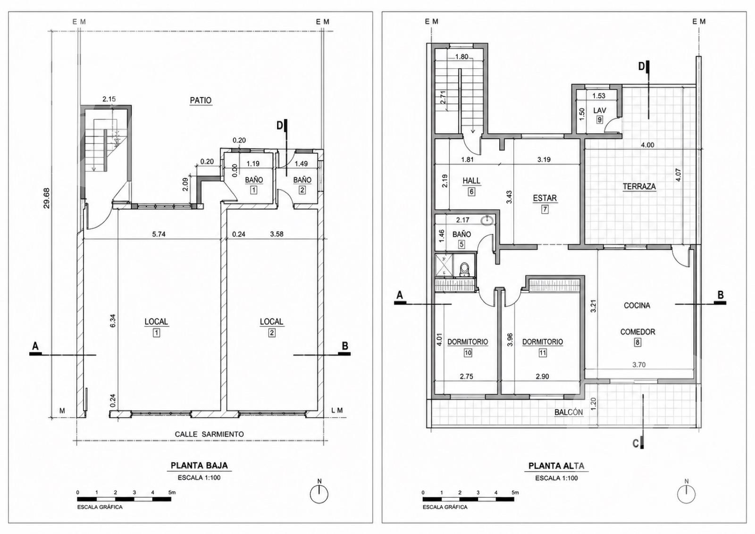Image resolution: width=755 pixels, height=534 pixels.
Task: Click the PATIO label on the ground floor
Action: point(201,100)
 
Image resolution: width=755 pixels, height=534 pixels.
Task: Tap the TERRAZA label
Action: point(639,186)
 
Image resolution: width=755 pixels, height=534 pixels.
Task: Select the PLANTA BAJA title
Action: point(199,466)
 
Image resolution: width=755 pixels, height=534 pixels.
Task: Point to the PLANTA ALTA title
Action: point(556,466)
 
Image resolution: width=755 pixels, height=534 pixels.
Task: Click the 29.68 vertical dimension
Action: point(47,198)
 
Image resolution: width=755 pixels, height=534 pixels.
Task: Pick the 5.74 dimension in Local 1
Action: point(159,234)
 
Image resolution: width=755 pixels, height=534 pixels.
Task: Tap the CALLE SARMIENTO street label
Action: point(209,434)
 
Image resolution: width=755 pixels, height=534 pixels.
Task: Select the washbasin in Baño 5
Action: point(487,221)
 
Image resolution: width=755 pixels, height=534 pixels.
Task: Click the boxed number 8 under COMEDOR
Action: point(638,342)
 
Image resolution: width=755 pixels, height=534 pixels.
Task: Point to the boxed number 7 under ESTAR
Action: point(545,209)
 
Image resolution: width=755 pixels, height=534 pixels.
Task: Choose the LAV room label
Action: point(600,110)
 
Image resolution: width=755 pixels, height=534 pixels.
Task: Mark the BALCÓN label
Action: point(569,412)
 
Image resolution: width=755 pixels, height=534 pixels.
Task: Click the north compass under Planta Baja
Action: point(319,494)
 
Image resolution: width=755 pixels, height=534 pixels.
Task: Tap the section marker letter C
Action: point(635,444)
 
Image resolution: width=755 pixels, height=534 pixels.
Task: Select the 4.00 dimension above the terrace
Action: point(647,145)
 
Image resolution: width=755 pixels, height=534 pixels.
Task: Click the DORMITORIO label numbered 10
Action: point(468,342)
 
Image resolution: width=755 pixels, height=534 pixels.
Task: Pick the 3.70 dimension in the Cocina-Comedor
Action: point(639,365)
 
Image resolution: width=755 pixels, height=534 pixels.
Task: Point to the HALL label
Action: point(471,181)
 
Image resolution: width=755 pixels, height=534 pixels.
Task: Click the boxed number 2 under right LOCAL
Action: point(272,333)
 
